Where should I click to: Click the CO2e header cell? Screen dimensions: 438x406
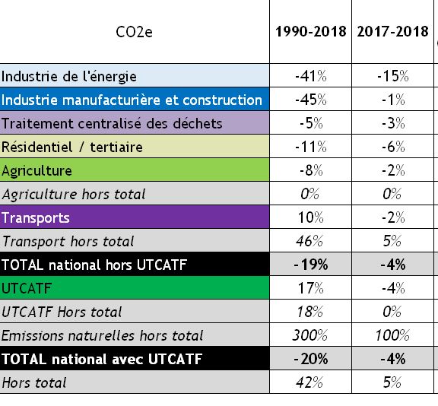point(134,32)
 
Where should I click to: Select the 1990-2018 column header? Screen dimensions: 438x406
point(310,31)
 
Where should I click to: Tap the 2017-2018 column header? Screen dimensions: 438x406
point(392,31)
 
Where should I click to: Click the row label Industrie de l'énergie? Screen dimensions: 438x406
point(69,77)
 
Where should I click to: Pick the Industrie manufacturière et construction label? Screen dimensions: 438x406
point(132,100)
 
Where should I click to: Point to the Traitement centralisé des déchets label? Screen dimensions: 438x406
point(112,123)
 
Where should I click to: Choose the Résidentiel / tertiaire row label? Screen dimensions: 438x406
point(72,147)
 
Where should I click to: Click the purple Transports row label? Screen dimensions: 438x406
point(36,218)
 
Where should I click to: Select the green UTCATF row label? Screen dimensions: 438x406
point(27,288)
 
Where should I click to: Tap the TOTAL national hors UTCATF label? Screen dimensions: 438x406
point(94,265)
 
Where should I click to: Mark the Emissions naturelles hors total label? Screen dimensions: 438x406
point(102,335)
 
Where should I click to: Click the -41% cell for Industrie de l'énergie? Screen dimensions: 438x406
point(310,76)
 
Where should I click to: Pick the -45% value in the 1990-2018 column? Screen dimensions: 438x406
point(310,100)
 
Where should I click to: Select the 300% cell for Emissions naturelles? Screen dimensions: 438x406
point(309,335)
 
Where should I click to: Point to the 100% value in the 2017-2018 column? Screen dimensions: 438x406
point(392,335)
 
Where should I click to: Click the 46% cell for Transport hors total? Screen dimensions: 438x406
point(309,241)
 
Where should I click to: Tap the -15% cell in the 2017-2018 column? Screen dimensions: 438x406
point(392,76)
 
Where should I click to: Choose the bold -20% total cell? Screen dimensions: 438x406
point(310,359)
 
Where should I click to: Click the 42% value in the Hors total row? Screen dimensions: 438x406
point(309,382)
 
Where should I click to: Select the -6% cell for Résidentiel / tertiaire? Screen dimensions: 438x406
point(393,147)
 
